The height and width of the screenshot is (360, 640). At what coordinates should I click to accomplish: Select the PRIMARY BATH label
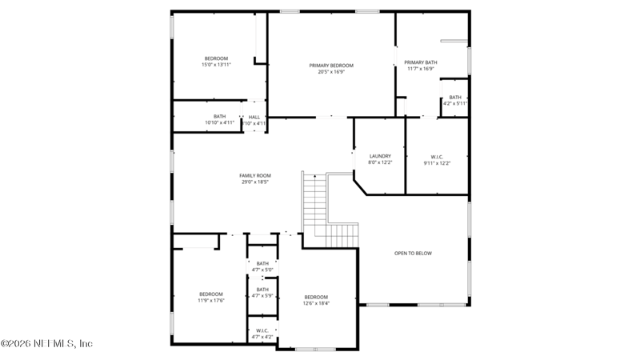pyautogui.click(x=420, y=62)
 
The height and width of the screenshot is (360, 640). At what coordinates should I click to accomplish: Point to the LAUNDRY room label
pyautogui.click(x=380, y=156)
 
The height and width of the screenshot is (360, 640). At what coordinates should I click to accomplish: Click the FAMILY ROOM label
pyautogui.click(x=255, y=175)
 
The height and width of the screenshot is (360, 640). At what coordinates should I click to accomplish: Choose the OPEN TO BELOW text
pyautogui.click(x=413, y=254)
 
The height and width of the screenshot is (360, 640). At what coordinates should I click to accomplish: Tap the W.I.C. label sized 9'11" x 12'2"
pyautogui.click(x=437, y=157)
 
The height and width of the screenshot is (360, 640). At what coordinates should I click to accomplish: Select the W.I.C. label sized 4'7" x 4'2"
pyautogui.click(x=262, y=331)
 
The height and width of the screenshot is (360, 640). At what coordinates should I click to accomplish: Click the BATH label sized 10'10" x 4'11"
pyautogui.click(x=219, y=117)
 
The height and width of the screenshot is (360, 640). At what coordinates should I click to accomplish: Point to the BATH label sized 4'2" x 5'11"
pyautogui.click(x=455, y=98)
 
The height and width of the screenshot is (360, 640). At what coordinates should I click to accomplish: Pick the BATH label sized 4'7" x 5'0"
pyautogui.click(x=262, y=264)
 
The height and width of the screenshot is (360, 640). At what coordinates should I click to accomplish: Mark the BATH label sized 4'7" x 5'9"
pyautogui.click(x=262, y=290)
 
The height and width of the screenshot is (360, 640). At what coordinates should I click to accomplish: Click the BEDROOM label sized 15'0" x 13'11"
pyautogui.click(x=216, y=58)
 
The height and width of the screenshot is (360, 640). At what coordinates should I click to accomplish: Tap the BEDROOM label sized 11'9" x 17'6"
pyautogui.click(x=211, y=294)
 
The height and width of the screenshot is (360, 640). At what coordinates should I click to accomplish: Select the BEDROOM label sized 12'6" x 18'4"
pyautogui.click(x=316, y=297)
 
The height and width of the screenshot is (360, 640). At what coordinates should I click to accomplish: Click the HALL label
pyautogui.click(x=254, y=117)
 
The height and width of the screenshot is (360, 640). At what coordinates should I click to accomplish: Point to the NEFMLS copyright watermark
pyautogui.click(x=46, y=343)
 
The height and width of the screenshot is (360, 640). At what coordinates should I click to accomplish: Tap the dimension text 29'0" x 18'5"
pyautogui.click(x=255, y=182)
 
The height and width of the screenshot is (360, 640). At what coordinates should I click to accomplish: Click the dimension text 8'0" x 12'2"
pyautogui.click(x=380, y=162)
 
